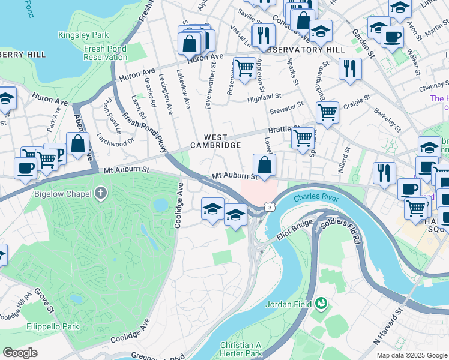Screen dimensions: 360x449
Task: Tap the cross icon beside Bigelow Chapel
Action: tap(101, 194)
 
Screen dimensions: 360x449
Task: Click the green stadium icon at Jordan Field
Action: tap(322, 304)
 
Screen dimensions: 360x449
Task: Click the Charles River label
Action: tap(316, 198)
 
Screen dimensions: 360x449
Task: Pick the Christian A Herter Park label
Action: tap(241, 349)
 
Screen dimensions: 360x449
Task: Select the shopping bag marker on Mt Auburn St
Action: tap(264, 166)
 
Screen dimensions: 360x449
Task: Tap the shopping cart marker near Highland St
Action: tap(244, 68)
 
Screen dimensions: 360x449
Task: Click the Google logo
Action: tap(19, 353)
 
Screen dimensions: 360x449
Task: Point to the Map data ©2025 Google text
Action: tap(411, 355)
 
